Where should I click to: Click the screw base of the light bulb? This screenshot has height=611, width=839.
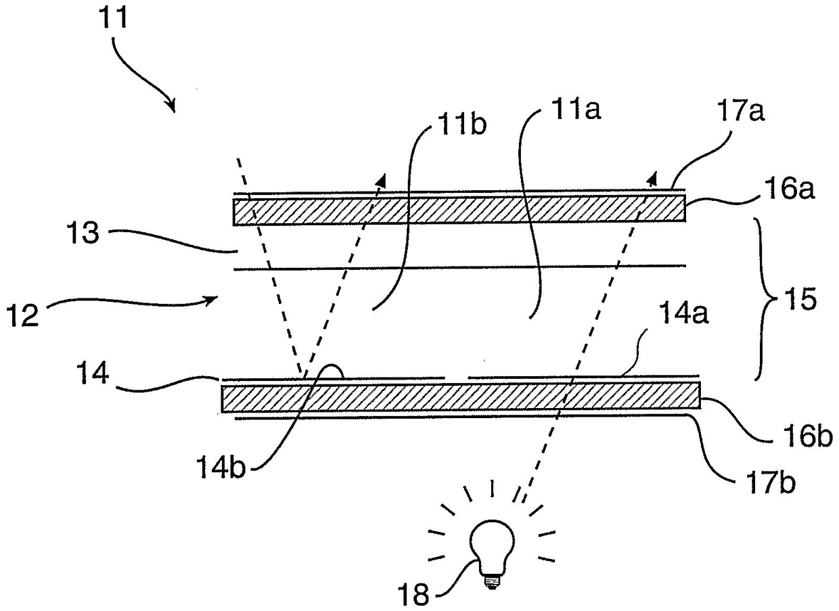point(492,580)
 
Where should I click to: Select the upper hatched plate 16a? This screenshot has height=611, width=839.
point(459,211)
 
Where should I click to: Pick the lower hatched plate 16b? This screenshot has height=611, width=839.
point(460,397)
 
